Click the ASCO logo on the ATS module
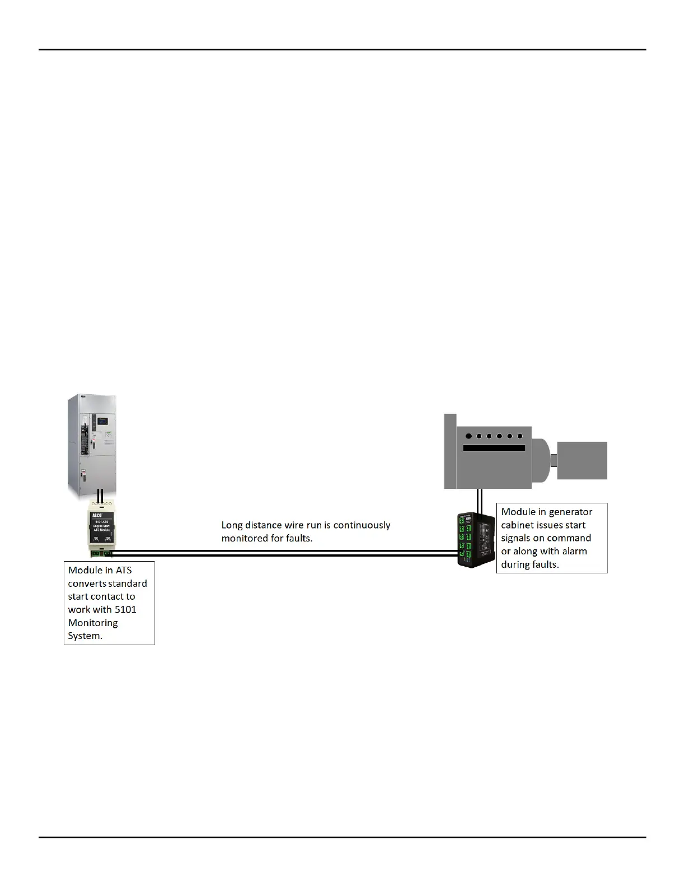point(96,515)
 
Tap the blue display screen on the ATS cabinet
point(102,421)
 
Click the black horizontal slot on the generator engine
point(494,449)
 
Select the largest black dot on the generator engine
point(468,436)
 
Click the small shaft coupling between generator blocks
point(553,461)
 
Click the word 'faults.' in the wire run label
point(299,539)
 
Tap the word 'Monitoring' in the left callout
point(93,623)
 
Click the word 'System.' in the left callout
point(85,636)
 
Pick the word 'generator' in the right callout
point(570,512)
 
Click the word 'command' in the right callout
point(568,538)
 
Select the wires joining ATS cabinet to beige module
point(100,496)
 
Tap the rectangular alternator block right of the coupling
point(582,460)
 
